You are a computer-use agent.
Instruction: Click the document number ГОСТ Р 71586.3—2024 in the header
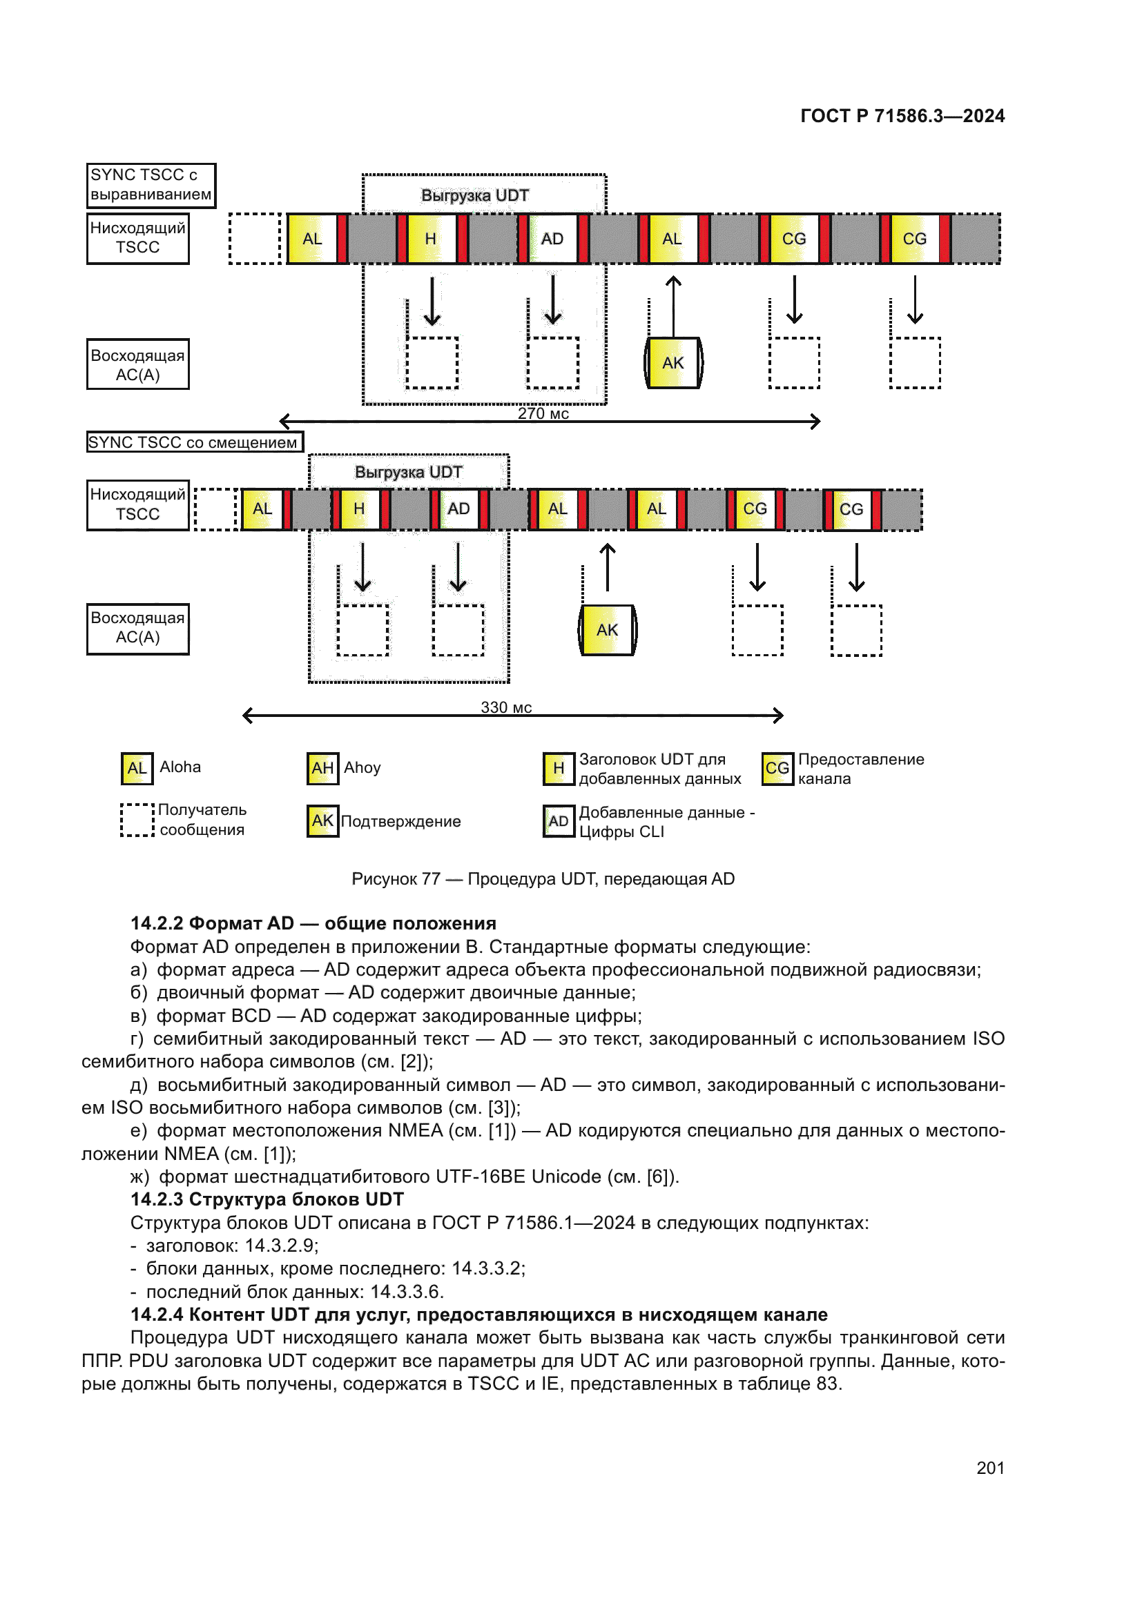[x=902, y=116]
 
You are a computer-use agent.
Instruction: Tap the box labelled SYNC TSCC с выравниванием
[x=151, y=185]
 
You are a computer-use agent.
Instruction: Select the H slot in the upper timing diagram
[x=430, y=239]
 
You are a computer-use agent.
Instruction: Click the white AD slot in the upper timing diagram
[x=552, y=239]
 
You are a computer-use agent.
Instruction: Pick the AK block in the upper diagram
[x=673, y=363]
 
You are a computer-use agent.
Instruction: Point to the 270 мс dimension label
[x=543, y=413]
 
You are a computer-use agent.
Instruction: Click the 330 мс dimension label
[x=505, y=707]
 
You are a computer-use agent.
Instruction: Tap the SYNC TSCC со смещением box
[x=194, y=442]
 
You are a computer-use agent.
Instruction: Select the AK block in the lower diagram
[x=607, y=630]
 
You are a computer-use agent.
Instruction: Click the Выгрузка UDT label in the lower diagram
[x=408, y=473]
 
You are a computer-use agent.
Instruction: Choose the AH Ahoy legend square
[x=322, y=767]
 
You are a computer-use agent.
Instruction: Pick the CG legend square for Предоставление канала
[x=777, y=768]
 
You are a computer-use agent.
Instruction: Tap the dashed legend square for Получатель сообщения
[x=137, y=820]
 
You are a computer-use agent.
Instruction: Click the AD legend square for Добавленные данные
[x=559, y=821]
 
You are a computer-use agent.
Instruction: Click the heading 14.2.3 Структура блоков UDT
[x=267, y=1199]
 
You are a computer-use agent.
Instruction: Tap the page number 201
[x=990, y=1468]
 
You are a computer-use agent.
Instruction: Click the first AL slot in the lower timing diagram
[x=262, y=509]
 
